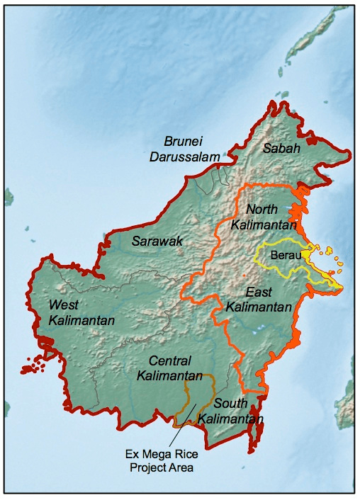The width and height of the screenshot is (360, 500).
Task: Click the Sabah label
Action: [x=281, y=148]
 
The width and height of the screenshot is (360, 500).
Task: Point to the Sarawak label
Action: [x=157, y=242]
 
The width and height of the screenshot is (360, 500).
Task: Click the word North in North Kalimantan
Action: [x=264, y=209]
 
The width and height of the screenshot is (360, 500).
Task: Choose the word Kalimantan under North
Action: [x=265, y=225]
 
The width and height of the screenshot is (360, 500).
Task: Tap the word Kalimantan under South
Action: [x=231, y=418]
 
